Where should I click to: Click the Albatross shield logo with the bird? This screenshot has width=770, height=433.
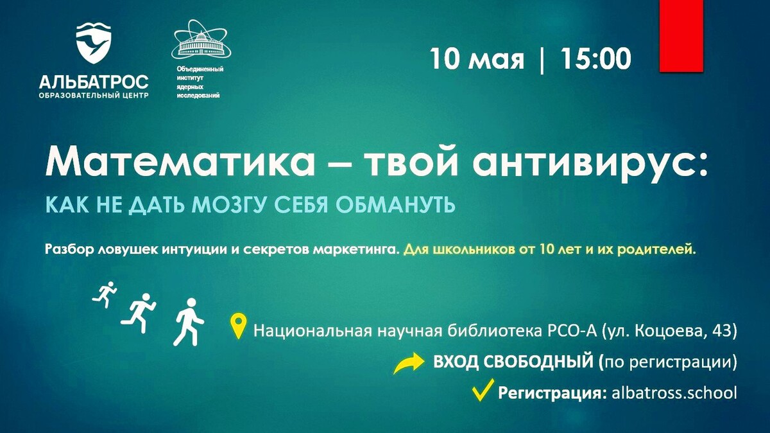(94, 44)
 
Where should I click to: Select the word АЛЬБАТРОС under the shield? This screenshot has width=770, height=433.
(94, 82)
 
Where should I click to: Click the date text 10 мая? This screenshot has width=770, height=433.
(477, 58)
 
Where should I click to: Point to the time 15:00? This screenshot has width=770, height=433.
(596, 58)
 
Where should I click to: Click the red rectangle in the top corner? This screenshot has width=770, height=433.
(681, 36)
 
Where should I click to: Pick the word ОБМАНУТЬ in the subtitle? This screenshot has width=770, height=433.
(395, 205)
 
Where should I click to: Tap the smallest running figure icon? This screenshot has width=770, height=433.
(105, 294)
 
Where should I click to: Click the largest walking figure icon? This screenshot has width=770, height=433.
(189, 322)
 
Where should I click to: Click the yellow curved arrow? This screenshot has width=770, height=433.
(407, 363)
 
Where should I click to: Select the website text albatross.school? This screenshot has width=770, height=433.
(674, 393)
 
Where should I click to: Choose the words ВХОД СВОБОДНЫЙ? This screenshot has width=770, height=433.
(513, 362)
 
